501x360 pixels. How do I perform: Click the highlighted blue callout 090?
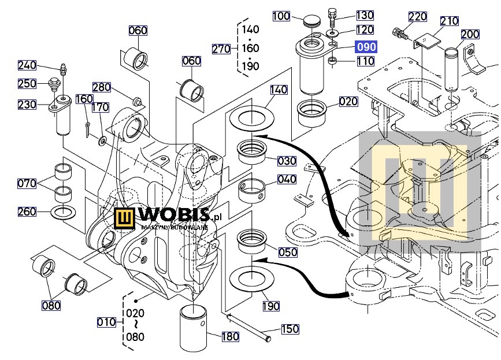pyautogui.click(x=366, y=47)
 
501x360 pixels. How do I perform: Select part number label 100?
pyautogui.click(x=281, y=16)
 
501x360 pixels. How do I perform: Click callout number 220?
pyautogui.click(x=418, y=17)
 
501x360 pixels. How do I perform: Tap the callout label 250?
pyautogui.click(x=27, y=84)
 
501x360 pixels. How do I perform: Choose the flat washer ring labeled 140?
pyautogui.click(x=252, y=117)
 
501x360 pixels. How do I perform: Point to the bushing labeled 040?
pyautogui.click(x=252, y=191)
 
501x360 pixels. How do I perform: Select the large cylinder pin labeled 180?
pyautogui.click(x=194, y=328)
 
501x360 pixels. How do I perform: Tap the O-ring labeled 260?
pyautogui.click(x=63, y=213)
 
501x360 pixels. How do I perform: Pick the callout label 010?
pyautogui.click(x=106, y=322)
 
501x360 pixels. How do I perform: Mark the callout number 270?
pyautogui.click(x=221, y=49)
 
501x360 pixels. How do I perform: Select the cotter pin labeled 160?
pyautogui.click(x=88, y=128)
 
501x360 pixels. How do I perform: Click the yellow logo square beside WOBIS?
pyautogui.click(x=125, y=219)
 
